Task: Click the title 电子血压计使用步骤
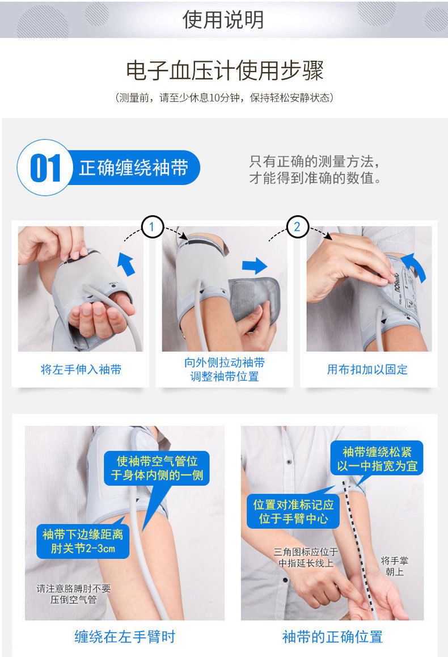[224, 71]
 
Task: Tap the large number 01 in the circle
[45, 169]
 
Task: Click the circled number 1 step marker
[151, 228]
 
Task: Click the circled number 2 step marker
[297, 228]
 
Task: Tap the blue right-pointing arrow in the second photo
[254, 266]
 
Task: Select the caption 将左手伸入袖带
[81, 370]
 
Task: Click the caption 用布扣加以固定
[367, 370]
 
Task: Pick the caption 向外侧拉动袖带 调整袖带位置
[224, 369]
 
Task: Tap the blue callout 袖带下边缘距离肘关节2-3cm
[83, 541]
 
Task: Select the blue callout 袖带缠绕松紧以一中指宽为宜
[377, 458]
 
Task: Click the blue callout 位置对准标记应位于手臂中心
[293, 511]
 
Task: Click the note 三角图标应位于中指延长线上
[306, 557]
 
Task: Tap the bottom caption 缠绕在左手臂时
[125, 637]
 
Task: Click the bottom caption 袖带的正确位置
[332, 637]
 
